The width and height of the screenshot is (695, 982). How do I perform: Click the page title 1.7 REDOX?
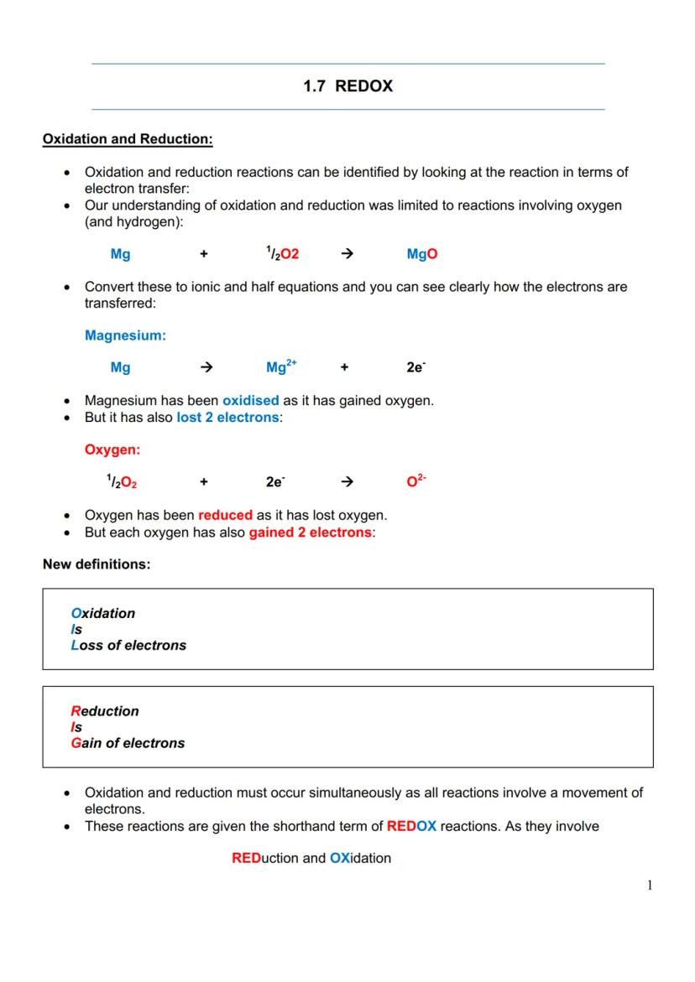[347, 86]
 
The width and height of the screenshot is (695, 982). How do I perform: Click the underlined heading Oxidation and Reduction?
[128, 139]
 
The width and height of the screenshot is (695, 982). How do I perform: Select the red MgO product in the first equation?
[422, 254]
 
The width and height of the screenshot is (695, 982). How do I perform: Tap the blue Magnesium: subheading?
[125, 335]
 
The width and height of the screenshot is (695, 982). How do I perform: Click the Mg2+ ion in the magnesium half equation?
[281, 367]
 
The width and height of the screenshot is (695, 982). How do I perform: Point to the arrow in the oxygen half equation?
[347, 481]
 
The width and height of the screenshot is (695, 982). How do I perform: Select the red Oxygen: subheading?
[112, 449]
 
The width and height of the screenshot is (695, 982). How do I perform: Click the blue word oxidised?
[250, 401]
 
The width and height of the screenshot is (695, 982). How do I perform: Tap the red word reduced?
[225, 516]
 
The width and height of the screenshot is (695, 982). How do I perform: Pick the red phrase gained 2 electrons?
[310, 533]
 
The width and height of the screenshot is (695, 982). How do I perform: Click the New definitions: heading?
[97, 564]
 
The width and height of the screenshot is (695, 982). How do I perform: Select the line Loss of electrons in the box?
[128, 646]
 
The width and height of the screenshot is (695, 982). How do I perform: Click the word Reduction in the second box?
[105, 711]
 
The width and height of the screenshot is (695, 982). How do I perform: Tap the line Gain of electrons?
[128, 743]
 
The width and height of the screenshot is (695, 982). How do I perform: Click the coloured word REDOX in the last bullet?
[411, 827]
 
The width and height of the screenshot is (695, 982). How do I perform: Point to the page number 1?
[650, 886]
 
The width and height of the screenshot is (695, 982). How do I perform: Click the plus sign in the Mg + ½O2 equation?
[204, 254]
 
